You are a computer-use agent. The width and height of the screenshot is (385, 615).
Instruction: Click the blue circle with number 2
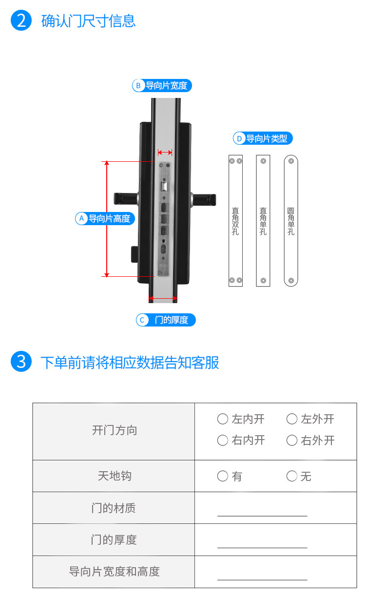click(x=21, y=20)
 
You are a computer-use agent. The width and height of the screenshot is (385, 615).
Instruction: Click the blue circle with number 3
click(x=21, y=361)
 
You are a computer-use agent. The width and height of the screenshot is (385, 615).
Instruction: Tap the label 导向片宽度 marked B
click(x=162, y=85)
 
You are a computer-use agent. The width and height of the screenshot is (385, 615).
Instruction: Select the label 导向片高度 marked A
click(x=105, y=218)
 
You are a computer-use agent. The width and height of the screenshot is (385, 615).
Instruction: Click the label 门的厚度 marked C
click(x=166, y=320)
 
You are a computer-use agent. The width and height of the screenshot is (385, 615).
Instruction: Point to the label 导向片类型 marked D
click(x=263, y=138)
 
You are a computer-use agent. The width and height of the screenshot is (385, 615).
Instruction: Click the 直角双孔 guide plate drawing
click(x=235, y=221)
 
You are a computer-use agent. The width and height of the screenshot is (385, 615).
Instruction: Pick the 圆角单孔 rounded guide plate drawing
click(x=291, y=221)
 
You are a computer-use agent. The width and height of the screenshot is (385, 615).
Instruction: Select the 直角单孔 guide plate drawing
click(x=263, y=221)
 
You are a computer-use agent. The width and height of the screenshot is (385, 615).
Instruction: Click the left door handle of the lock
click(x=126, y=198)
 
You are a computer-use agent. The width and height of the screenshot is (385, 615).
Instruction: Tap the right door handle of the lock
click(x=204, y=199)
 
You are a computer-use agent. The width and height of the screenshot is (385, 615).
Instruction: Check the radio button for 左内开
click(x=223, y=419)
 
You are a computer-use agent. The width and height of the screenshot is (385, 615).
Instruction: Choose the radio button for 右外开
click(x=292, y=440)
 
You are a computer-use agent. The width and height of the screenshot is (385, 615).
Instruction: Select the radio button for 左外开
click(x=292, y=419)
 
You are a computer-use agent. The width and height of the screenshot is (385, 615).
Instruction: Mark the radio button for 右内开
click(x=223, y=440)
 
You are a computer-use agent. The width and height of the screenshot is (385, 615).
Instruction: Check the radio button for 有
click(x=223, y=476)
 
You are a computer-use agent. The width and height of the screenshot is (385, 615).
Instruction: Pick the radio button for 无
click(x=292, y=476)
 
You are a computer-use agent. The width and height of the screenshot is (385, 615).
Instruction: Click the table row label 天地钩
click(x=115, y=476)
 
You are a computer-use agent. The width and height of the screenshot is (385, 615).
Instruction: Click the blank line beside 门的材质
click(x=262, y=516)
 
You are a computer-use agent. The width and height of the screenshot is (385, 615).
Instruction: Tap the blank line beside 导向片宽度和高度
click(x=262, y=580)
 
